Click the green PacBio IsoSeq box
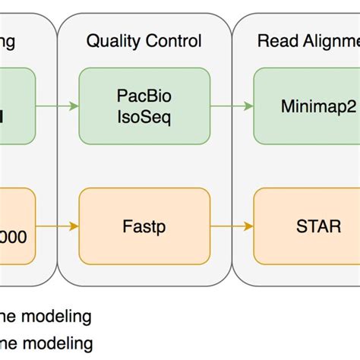[x=144, y=106]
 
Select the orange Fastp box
[x=144, y=226]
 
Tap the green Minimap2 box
[x=306, y=106]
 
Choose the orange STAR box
[x=306, y=226]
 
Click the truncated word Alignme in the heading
[x=327, y=41]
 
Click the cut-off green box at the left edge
[x=17, y=106]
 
